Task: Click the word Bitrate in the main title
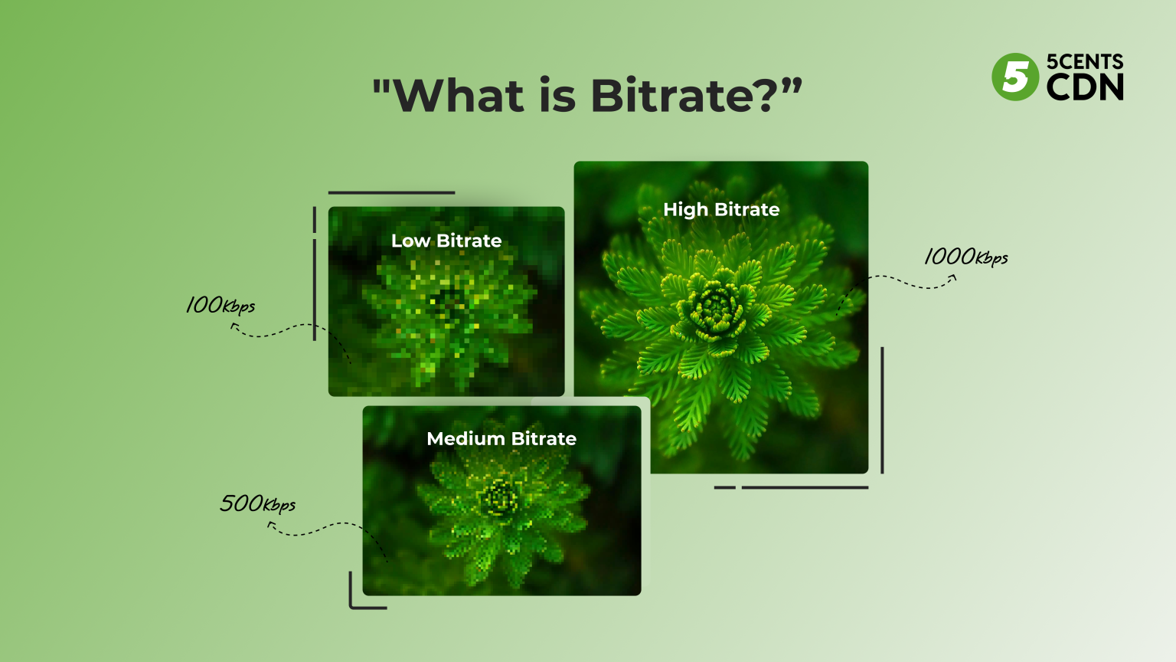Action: [x=673, y=96]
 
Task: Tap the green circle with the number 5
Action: [x=1015, y=77]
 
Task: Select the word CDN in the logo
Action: [x=1085, y=87]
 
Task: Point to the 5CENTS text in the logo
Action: [x=1085, y=61]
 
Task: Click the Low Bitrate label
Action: [x=446, y=241]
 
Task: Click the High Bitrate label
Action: [x=721, y=210]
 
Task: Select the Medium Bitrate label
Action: [x=501, y=439]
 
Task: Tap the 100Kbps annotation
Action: [x=220, y=305]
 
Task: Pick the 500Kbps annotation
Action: [x=257, y=503]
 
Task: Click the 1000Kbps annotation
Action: [x=965, y=257]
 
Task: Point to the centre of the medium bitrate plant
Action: [x=501, y=498]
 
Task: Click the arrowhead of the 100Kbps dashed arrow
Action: [x=234, y=326]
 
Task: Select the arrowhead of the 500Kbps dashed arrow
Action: [x=270, y=525]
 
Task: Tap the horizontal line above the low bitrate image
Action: [x=391, y=193]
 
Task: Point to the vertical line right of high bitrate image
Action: [x=882, y=410]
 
